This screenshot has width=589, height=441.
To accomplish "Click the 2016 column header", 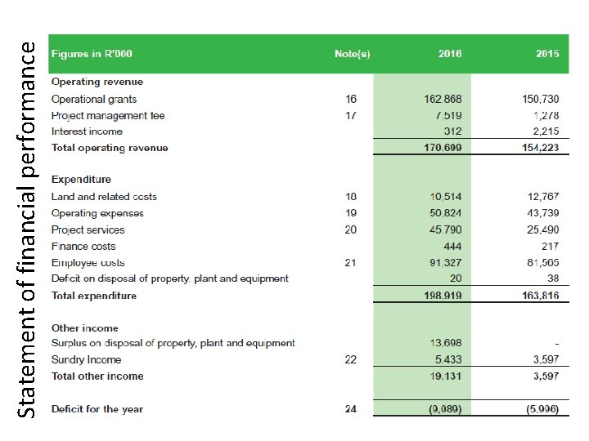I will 449,54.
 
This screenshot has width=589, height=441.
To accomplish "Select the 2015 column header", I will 547,54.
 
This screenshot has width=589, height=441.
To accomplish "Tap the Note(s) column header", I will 352,54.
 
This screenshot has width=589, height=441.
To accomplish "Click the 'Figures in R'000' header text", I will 92,54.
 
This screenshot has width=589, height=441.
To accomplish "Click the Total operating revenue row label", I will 110,148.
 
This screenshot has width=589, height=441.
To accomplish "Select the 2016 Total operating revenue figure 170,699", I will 443,148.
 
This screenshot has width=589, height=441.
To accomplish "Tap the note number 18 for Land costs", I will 350,197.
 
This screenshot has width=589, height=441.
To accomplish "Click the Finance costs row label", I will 83,246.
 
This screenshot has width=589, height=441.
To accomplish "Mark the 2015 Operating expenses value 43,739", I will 543,213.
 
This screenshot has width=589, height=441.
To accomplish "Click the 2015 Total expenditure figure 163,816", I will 541,296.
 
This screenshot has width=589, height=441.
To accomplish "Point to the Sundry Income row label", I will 86,360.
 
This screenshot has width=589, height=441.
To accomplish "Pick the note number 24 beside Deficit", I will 350,409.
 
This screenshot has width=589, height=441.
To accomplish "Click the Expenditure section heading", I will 81,180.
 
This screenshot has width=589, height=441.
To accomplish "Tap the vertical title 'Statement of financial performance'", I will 28,230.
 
